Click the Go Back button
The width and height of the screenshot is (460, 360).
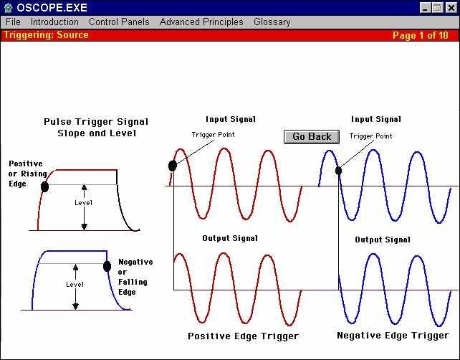(x=312, y=137)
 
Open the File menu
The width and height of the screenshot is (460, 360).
(x=13, y=22)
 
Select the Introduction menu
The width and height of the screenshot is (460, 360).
(x=54, y=22)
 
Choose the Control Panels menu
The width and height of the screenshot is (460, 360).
(x=119, y=22)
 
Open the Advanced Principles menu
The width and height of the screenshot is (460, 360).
(x=201, y=22)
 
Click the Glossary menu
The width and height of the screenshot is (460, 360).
(x=272, y=22)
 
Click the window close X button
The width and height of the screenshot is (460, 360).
(x=451, y=8)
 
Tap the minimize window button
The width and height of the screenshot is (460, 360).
(x=425, y=8)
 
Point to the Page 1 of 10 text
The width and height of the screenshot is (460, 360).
(x=421, y=36)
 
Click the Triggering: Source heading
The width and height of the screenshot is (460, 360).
(x=46, y=35)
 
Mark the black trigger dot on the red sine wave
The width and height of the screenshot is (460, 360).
(x=173, y=166)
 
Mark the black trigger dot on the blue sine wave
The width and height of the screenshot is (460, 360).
(x=338, y=171)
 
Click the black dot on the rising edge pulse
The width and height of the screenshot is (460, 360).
(x=44, y=186)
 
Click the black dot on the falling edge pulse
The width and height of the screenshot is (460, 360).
(x=107, y=266)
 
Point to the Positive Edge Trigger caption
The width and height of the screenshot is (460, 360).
(x=243, y=336)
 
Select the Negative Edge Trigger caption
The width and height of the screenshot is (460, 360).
(x=393, y=336)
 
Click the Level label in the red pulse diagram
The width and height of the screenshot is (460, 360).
(x=83, y=203)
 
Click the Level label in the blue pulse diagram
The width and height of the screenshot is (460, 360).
(x=75, y=284)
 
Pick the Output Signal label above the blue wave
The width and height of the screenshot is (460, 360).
(x=383, y=240)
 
